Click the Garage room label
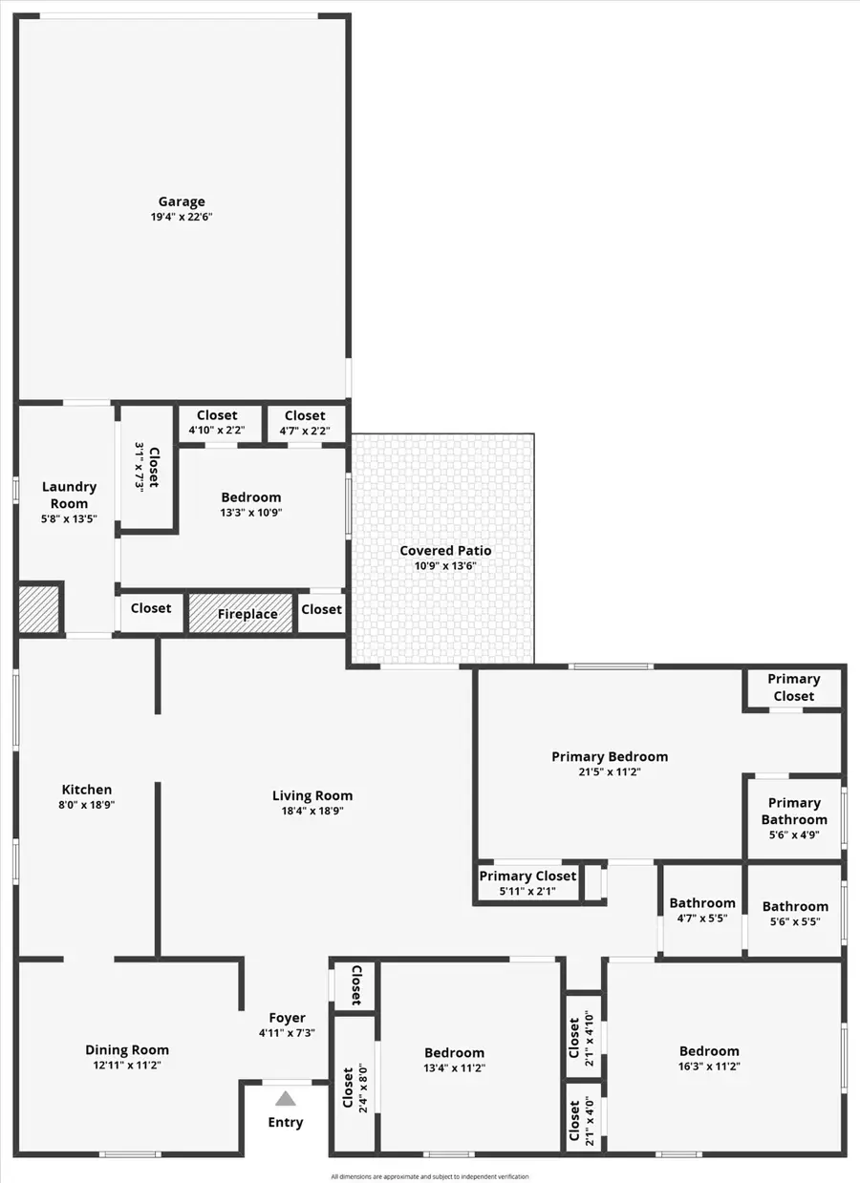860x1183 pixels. coord(182,201)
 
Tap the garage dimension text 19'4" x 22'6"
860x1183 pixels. coord(182,217)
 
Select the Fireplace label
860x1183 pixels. coord(247,614)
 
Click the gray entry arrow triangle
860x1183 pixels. coord(286,1099)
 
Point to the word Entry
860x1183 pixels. coord(286,1122)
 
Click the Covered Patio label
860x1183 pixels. coord(445,551)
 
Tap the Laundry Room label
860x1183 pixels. coord(69,495)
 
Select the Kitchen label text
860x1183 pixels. coord(87,790)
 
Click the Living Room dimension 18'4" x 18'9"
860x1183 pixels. coord(312,811)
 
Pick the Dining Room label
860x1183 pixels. coord(127,1050)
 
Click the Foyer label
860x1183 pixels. coord(287,1018)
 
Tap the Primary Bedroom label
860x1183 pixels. coord(610,756)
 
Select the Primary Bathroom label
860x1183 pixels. coord(794,811)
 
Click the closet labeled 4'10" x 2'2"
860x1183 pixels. coord(217,431)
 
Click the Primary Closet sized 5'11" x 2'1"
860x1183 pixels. coord(527,883)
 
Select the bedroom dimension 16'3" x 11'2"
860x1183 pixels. coord(709,1067)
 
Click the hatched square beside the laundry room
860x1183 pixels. coord(39,607)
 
